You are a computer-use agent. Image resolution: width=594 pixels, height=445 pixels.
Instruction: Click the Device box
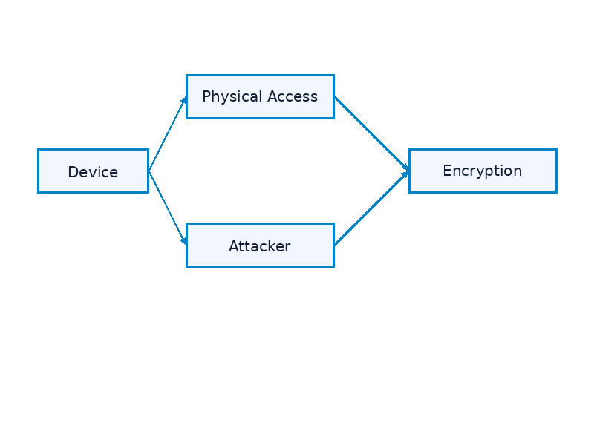click(x=93, y=171)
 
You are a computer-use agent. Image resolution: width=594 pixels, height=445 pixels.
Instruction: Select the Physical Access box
click(x=260, y=96)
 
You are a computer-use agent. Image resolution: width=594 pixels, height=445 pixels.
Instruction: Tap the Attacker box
click(x=260, y=245)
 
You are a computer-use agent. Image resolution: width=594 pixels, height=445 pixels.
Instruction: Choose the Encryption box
click(x=483, y=171)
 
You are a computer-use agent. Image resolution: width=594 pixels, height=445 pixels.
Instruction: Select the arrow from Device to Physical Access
click(x=167, y=134)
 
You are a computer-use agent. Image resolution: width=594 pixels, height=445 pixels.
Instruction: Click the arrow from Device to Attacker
click(x=167, y=208)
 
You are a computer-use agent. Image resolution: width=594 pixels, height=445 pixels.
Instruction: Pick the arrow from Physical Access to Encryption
click(x=371, y=133)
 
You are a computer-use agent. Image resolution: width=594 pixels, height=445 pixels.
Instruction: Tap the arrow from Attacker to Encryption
click(x=371, y=208)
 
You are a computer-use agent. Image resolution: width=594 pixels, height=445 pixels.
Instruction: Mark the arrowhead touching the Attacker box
click(x=183, y=241)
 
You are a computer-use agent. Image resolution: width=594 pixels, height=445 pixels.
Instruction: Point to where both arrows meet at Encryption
click(x=408, y=171)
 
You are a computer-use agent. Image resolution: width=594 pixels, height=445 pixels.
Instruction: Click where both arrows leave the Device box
click(x=149, y=171)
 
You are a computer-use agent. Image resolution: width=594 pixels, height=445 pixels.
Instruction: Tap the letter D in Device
click(x=72, y=172)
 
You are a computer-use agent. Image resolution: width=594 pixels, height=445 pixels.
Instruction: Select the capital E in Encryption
click(x=447, y=171)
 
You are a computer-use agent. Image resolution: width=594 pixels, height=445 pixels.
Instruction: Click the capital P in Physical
click(x=206, y=96)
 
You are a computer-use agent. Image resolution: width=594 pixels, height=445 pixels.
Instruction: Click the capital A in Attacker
click(x=233, y=246)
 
